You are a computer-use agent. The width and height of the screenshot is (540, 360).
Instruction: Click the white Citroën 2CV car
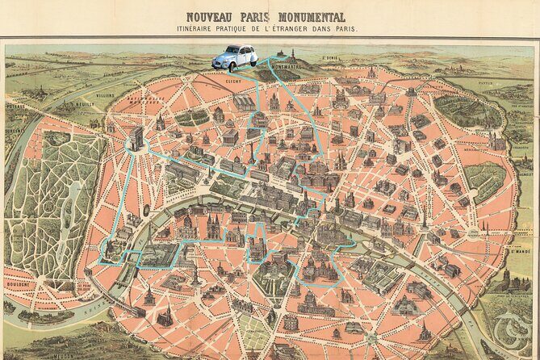(x=235, y=57)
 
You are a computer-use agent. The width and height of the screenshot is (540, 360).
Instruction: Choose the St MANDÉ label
(x=518, y=251)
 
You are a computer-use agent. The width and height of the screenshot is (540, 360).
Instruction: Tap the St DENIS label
(x=329, y=58)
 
